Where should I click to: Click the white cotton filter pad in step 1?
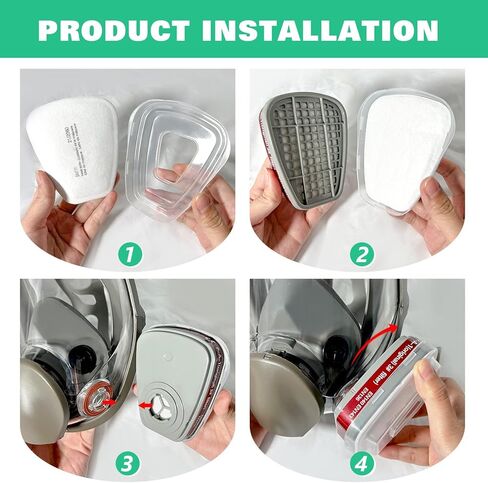[72, 141]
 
